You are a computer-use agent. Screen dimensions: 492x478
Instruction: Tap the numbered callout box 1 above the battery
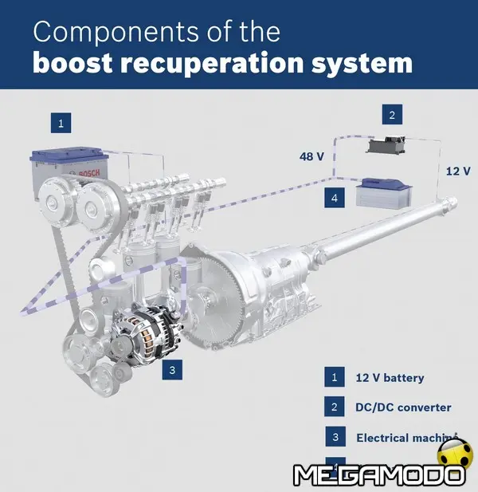tap(61, 123)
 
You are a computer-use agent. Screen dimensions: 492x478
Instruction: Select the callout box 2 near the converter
tap(391, 116)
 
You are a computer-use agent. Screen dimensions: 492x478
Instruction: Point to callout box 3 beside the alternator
tap(172, 369)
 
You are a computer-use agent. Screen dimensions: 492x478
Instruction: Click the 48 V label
tap(311, 156)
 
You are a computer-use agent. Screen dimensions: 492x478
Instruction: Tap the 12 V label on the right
tap(457, 171)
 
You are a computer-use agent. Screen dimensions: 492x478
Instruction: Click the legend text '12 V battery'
tap(390, 378)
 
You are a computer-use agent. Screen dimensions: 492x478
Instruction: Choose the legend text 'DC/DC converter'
tap(403, 407)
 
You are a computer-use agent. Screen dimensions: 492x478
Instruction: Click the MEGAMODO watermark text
tap(378, 475)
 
